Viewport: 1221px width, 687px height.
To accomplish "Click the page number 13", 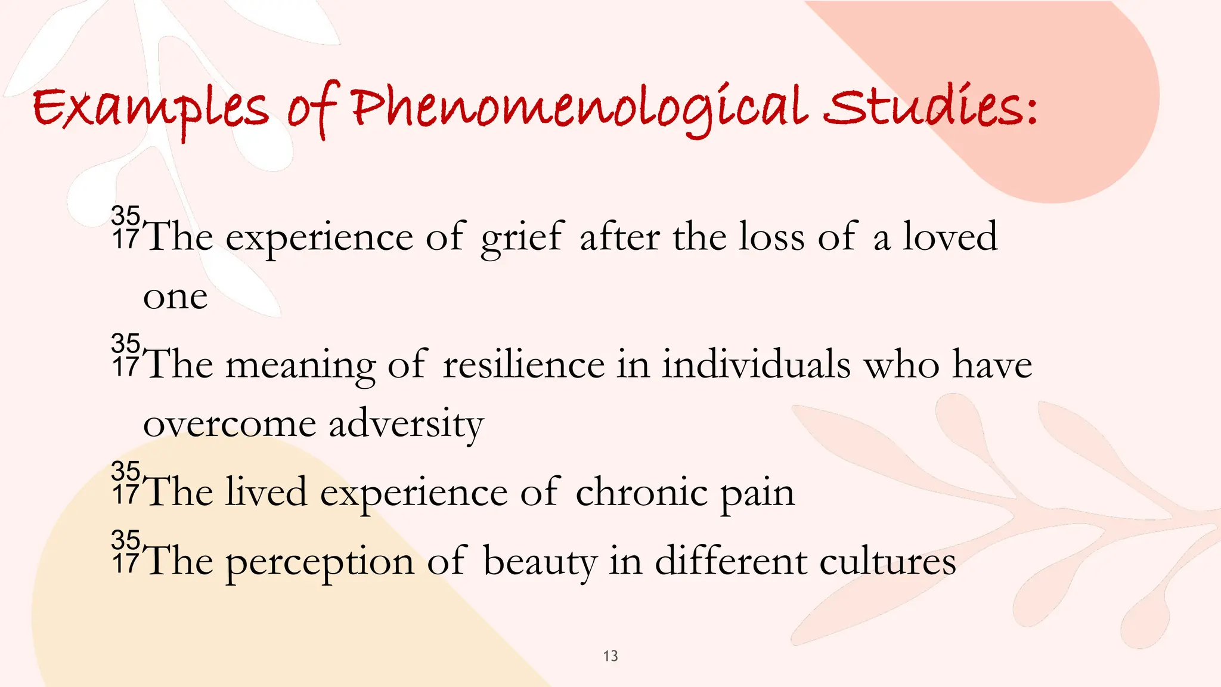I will tap(610, 656).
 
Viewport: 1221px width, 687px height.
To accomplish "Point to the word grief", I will tap(522, 237).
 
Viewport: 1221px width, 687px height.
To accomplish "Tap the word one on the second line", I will tap(175, 297).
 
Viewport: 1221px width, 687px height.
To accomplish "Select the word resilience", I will tap(523, 364).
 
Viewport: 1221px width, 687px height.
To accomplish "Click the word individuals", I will tap(756, 364).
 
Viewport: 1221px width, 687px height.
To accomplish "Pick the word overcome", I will tap(230, 425).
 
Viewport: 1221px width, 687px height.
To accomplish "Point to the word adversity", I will tap(406, 425).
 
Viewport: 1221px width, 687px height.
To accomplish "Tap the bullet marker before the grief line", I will tap(126, 228).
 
